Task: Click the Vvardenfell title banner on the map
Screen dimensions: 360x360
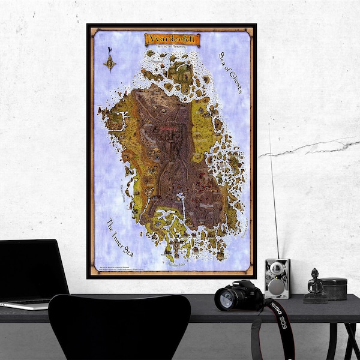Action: [x=172, y=40]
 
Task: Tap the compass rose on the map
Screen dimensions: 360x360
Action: [x=110, y=62]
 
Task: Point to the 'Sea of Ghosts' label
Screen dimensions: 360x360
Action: [x=229, y=72]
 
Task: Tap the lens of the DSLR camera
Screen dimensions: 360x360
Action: [x=226, y=298]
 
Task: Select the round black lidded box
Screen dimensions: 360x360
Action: [x=334, y=288]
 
